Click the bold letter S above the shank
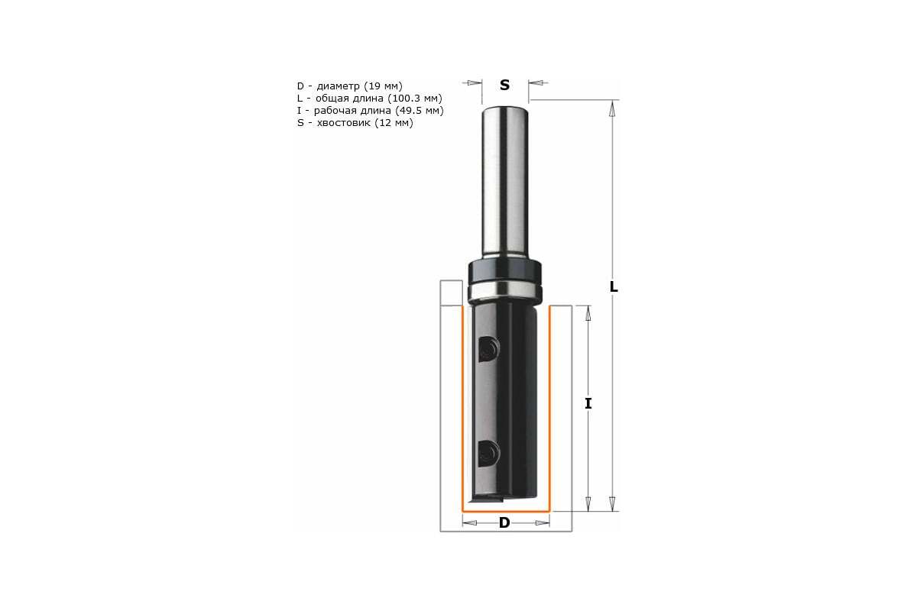[505, 85]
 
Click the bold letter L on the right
[613, 287]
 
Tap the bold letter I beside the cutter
[588, 403]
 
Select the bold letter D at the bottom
[504, 522]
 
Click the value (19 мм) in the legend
[383, 86]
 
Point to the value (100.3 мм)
[415, 99]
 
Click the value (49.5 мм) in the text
[420, 111]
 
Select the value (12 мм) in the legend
[394, 122]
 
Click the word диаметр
[338, 86]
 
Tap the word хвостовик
[343, 122]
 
